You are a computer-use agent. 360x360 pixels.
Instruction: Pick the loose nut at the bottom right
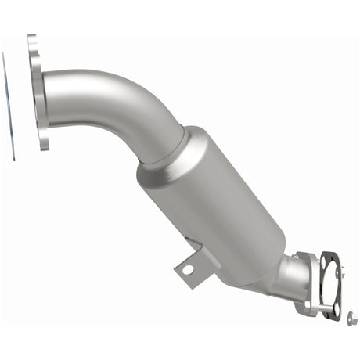pos(351,318)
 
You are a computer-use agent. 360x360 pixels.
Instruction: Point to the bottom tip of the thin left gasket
pos(13,159)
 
